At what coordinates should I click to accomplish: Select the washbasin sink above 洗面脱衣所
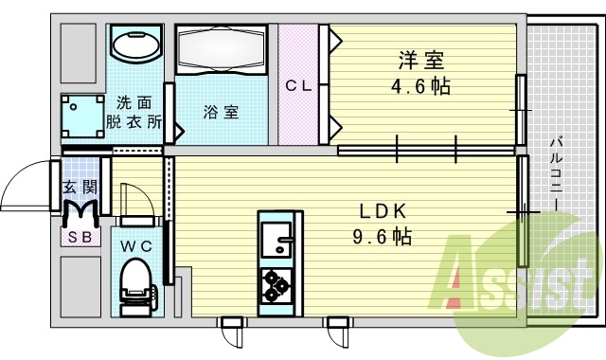(x=136, y=44)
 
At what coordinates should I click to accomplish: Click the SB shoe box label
(x=78, y=237)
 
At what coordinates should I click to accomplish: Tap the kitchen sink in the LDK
(x=277, y=238)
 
